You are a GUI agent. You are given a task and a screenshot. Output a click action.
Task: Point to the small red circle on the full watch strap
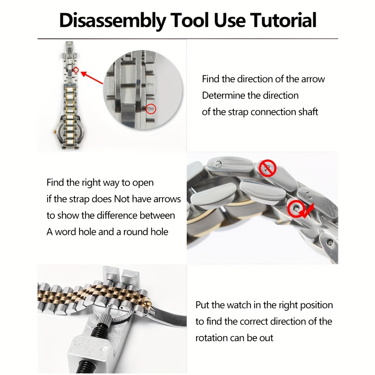[x=76, y=70]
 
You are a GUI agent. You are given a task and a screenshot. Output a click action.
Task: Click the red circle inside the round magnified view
[x=151, y=109]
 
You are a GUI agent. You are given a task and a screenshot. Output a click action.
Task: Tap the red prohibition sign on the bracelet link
[x=267, y=168]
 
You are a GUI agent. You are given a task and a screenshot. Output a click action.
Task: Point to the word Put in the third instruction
[x=202, y=305]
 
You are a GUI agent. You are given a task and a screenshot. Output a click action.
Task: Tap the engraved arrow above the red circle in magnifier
[x=150, y=85]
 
